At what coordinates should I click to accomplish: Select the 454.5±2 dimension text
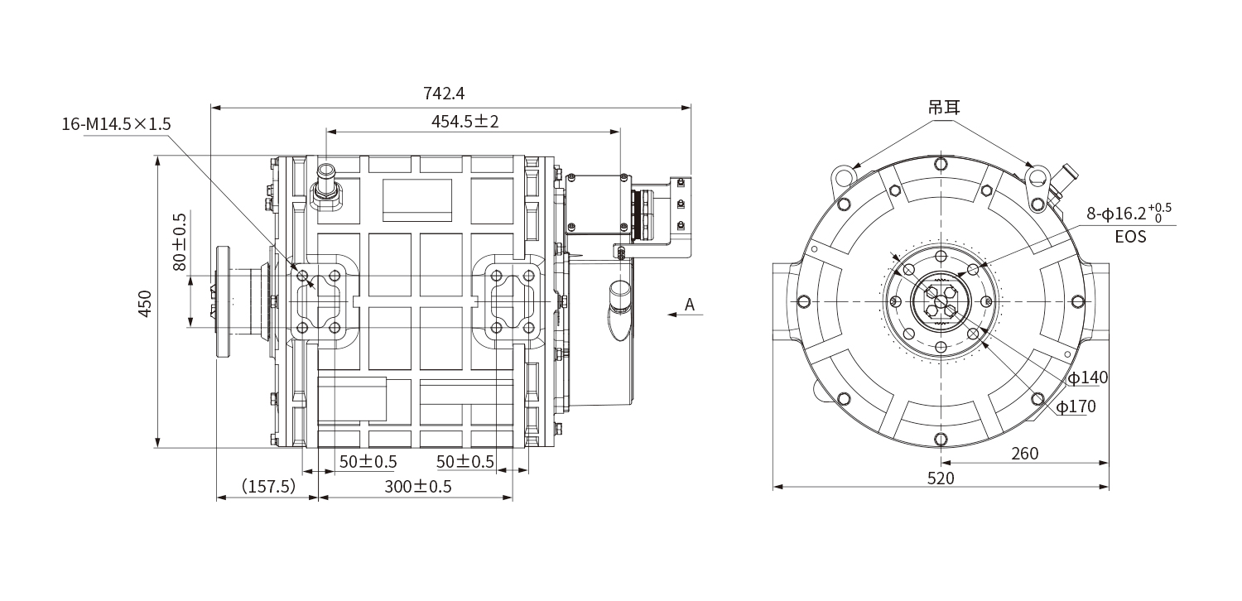[465, 121]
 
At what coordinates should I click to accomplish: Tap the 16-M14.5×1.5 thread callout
[116, 124]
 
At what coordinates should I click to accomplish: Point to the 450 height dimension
[144, 304]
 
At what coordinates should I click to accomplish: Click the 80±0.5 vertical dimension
[179, 243]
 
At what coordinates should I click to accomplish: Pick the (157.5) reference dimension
[267, 486]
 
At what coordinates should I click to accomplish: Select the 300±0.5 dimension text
[418, 486]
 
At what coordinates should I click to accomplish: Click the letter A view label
[689, 305]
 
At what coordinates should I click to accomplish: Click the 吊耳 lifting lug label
[943, 107]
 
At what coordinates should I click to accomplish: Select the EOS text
[1130, 238]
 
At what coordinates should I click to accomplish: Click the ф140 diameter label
[1087, 378]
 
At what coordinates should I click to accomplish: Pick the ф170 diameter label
[1076, 406]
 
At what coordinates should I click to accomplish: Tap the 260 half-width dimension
[1024, 453]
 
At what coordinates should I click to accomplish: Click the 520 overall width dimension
[941, 478]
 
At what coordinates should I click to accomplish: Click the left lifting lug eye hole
[843, 176]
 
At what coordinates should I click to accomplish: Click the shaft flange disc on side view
[223, 302]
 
